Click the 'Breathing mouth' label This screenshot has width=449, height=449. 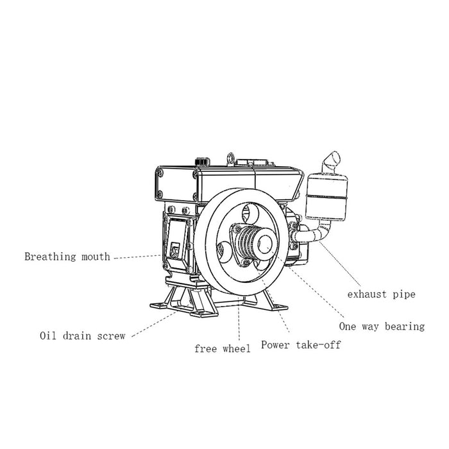[67, 257]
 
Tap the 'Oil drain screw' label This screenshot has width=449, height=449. [82, 335]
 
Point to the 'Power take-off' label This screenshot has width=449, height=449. [300, 345]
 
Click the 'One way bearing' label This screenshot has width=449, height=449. [382, 326]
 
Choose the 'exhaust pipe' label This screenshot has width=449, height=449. [382, 294]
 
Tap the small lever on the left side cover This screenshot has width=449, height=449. [174, 247]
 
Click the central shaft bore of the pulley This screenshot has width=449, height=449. [264, 242]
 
